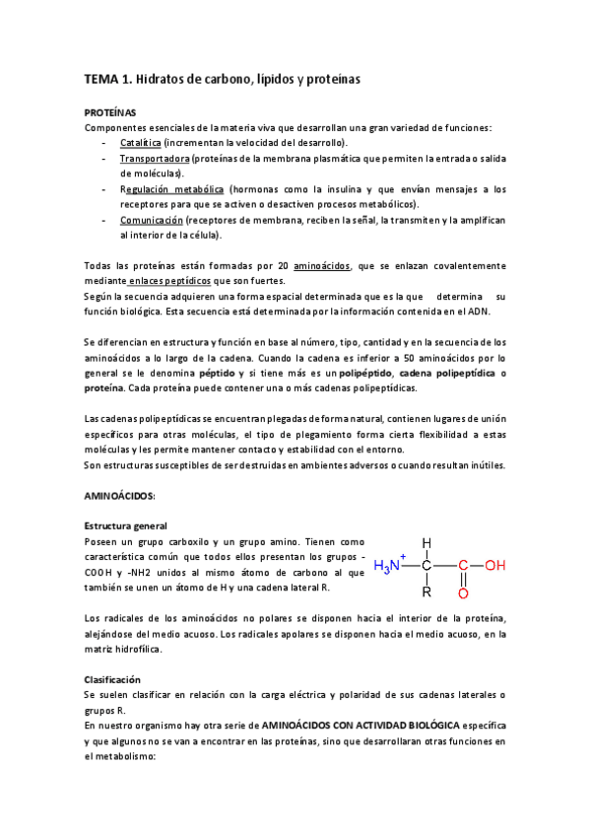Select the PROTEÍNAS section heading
click(x=110, y=112)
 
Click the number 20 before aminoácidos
click(x=283, y=266)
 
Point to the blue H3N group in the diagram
click(x=391, y=566)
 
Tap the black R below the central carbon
click(x=426, y=592)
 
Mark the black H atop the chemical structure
click(x=426, y=542)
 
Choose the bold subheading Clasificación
click(x=112, y=680)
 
